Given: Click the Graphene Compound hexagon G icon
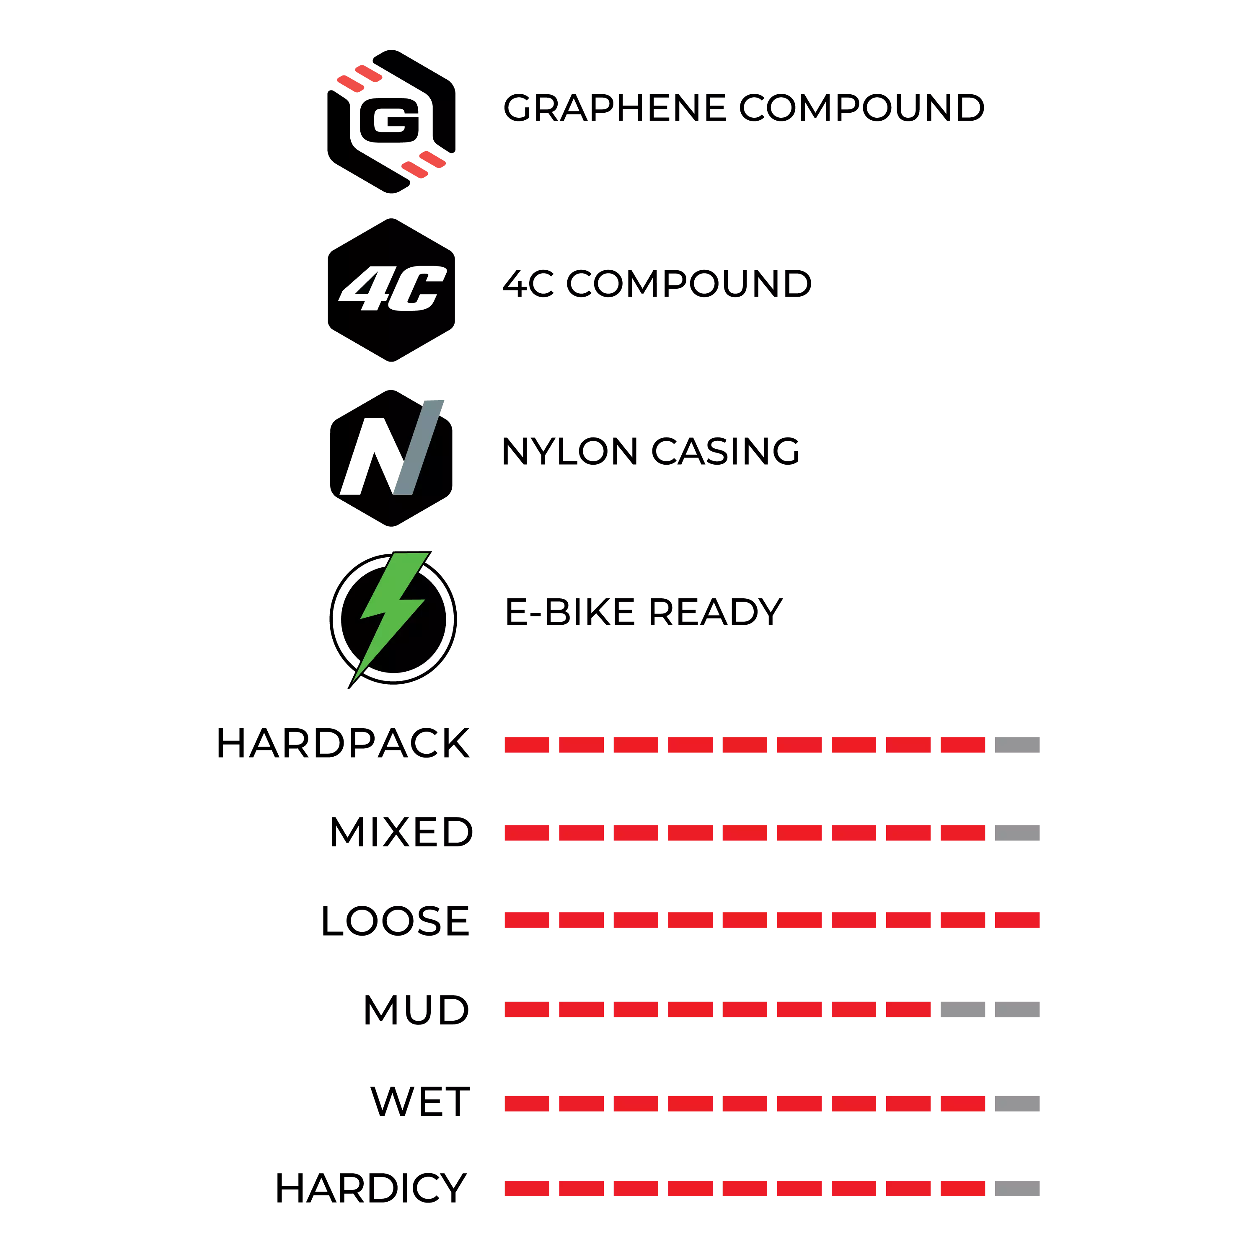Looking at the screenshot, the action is click(x=391, y=121).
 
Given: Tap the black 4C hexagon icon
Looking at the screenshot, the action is click(x=391, y=290).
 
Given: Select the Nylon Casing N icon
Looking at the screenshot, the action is click(x=391, y=458).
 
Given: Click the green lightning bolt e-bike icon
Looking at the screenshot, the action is click(x=393, y=619).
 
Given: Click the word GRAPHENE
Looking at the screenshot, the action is click(x=615, y=108).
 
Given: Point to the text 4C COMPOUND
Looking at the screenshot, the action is click(x=657, y=285).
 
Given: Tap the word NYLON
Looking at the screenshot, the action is click(x=570, y=452).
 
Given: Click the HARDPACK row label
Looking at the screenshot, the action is click(x=343, y=744).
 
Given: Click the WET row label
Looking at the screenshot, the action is click(x=420, y=1102).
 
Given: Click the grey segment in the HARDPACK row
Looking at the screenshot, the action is click(x=1017, y=744).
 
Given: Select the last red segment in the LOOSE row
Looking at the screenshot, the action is click(x=1017, y=920).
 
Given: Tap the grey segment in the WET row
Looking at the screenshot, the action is click(x=1017, y=1104).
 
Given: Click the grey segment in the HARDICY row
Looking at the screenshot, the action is click(x=1017, y=1189).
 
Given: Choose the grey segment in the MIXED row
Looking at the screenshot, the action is click(x=1017, y=833).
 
